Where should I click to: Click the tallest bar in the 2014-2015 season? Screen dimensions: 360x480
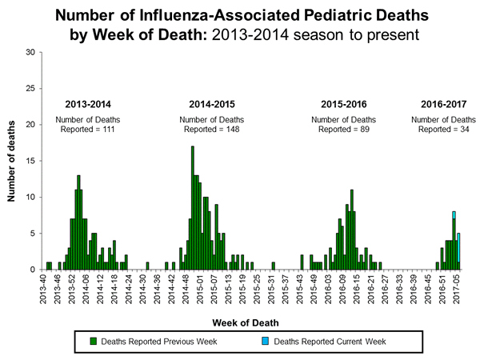192,208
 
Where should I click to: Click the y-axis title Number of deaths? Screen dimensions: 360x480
14,160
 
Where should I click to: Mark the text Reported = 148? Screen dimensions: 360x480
212,129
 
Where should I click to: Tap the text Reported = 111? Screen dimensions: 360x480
89,129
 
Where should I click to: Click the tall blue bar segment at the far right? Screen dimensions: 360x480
458,247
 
